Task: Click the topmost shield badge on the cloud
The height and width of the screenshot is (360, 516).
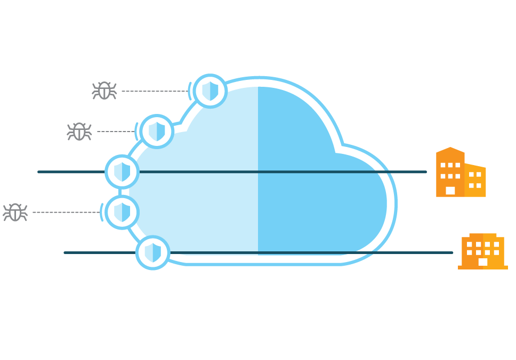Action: pyautogui.click(x=210, y=91)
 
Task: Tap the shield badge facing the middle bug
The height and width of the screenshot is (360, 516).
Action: pyautogui.click(x=157, y=131)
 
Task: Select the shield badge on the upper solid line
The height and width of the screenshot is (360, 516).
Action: pyautogui.click(x=122, y=171)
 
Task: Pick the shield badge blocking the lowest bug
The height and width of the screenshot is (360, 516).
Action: pyautogui.click(x=122, y=212)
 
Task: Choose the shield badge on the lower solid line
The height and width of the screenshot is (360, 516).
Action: pyautogui.click(x=152, y=252)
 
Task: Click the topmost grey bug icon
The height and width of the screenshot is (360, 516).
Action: pyautogui.click(x=104, y=91)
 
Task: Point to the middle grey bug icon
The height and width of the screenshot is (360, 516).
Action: pyautogui.click(x=79, y=131)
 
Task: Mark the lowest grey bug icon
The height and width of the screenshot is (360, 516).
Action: pyautogui.click(x=15, y=212)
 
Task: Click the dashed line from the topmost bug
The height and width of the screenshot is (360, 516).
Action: pyautogui.click(x=155, y=91)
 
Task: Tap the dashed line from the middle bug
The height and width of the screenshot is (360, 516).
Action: pyautogui.click(x=116, y=131)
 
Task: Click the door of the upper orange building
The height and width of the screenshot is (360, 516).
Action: pyautogui.click(x=450, y=191)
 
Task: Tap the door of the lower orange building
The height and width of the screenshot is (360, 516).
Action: pyautogui.click(x=483, y=262)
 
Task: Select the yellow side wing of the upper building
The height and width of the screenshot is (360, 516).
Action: pyautogui.click(x=475, y=181)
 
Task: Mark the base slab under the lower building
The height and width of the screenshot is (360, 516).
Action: pyautogui.click(x=483, y=267)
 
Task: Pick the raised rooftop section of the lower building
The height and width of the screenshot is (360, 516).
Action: pyautogui.click(x=483, y=235)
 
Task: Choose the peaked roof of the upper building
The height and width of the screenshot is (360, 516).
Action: pyautogui.click(x=450, y=151)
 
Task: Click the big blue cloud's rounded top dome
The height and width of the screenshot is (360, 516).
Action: pyautogui.click(x=261, y=107)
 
